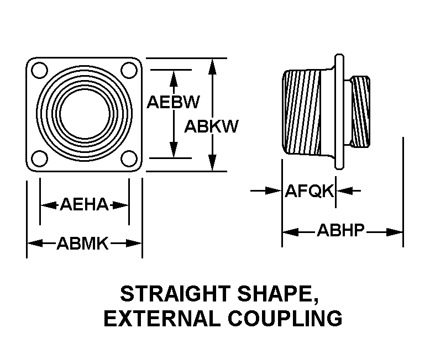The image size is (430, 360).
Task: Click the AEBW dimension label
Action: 173,102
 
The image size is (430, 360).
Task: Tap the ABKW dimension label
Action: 211,126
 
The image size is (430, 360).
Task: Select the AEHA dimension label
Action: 84,204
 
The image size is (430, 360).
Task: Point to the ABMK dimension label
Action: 82,243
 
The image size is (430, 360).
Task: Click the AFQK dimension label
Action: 310,190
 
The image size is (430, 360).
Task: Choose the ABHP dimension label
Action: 340,230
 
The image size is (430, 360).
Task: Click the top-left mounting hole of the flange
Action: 40,71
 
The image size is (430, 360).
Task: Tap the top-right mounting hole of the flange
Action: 129,71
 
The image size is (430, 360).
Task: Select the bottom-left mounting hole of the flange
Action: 40,158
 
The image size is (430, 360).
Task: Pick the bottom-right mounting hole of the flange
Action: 129,158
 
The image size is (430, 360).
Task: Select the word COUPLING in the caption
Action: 285,319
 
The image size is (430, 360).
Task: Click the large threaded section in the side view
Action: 302,112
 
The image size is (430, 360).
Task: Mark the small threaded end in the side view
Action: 360,112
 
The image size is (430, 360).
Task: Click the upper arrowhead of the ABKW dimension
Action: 212,67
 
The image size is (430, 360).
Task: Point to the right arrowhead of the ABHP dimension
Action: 394,232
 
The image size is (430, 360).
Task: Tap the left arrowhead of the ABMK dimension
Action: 35,243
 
